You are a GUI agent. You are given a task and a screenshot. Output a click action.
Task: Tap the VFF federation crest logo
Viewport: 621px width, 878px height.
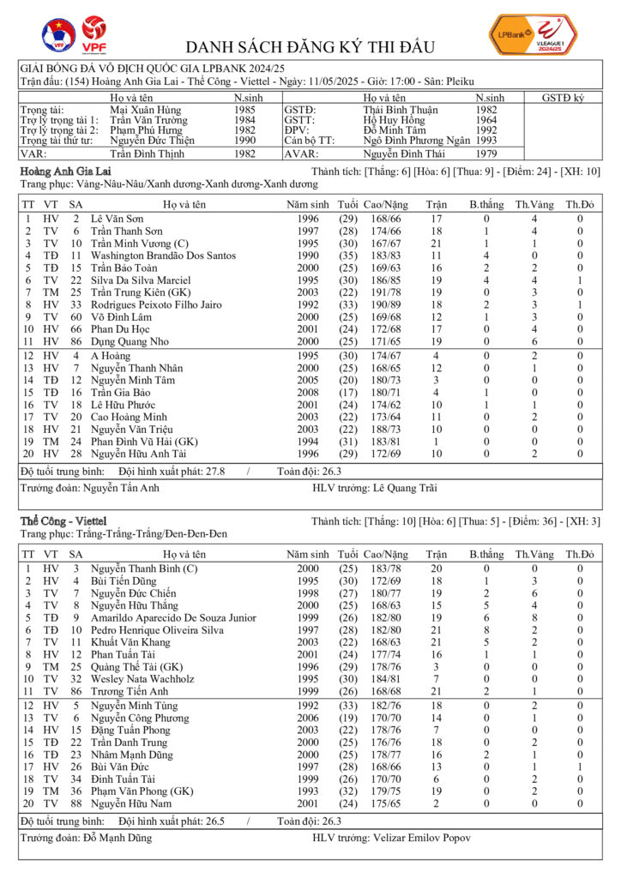[58, 35]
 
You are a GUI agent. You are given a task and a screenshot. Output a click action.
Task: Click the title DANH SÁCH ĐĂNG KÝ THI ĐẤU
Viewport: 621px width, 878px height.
[310, 47]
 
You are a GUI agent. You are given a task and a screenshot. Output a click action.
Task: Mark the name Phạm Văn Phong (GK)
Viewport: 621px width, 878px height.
[142, 791]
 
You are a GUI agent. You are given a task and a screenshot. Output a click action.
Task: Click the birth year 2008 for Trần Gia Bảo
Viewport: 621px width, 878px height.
[307, 393]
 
